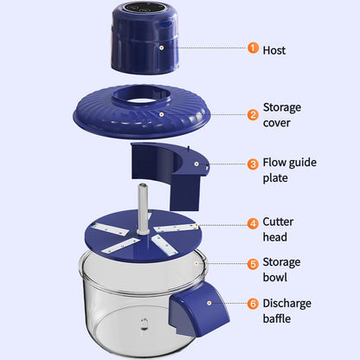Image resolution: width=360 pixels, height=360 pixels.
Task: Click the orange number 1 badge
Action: click(253, 48)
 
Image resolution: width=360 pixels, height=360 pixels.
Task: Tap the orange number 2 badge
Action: click(253, 114)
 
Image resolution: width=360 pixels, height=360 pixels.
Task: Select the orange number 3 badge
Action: click(253, 164)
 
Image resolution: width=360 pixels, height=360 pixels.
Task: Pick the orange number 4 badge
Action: click(253, 222)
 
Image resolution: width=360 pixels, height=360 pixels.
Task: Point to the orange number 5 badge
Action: click(253, 264)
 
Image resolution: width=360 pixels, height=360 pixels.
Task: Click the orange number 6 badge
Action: click(253, 304)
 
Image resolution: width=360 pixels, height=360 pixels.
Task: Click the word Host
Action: click(274, 49)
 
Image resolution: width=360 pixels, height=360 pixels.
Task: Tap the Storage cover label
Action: click(281, 115)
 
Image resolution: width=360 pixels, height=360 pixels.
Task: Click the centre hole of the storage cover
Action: click(145, 99)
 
